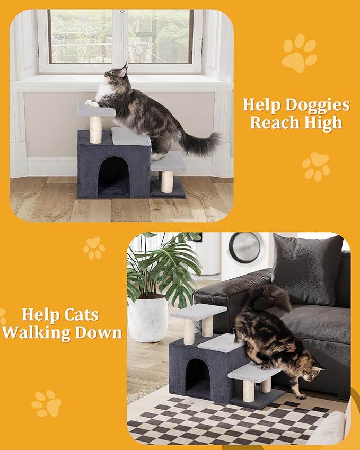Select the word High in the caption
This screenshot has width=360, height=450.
coord(323,123)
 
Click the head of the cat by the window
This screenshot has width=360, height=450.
coord(119,76)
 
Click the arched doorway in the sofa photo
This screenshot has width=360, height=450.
coord(197,377)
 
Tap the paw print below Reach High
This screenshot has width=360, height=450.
coord(316,166)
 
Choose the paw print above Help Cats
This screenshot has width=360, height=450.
coord(94,248)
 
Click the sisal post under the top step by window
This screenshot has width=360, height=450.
coord(95,129)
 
